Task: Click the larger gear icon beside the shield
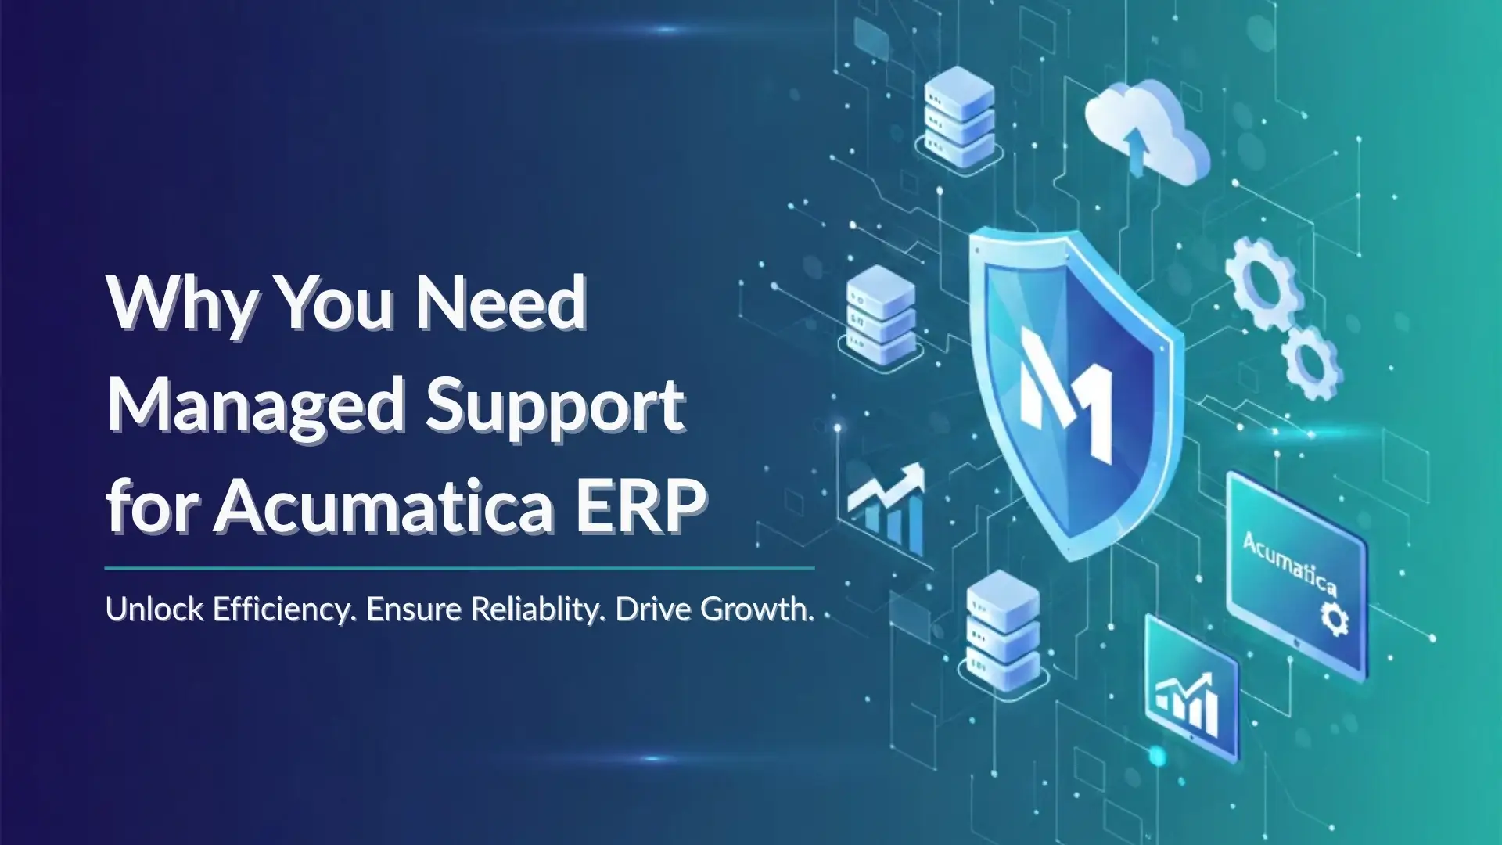click(1263, 282)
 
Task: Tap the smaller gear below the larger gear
click(1312, 361)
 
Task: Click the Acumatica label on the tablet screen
click(1290, 563)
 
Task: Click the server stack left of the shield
click(881, 316)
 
